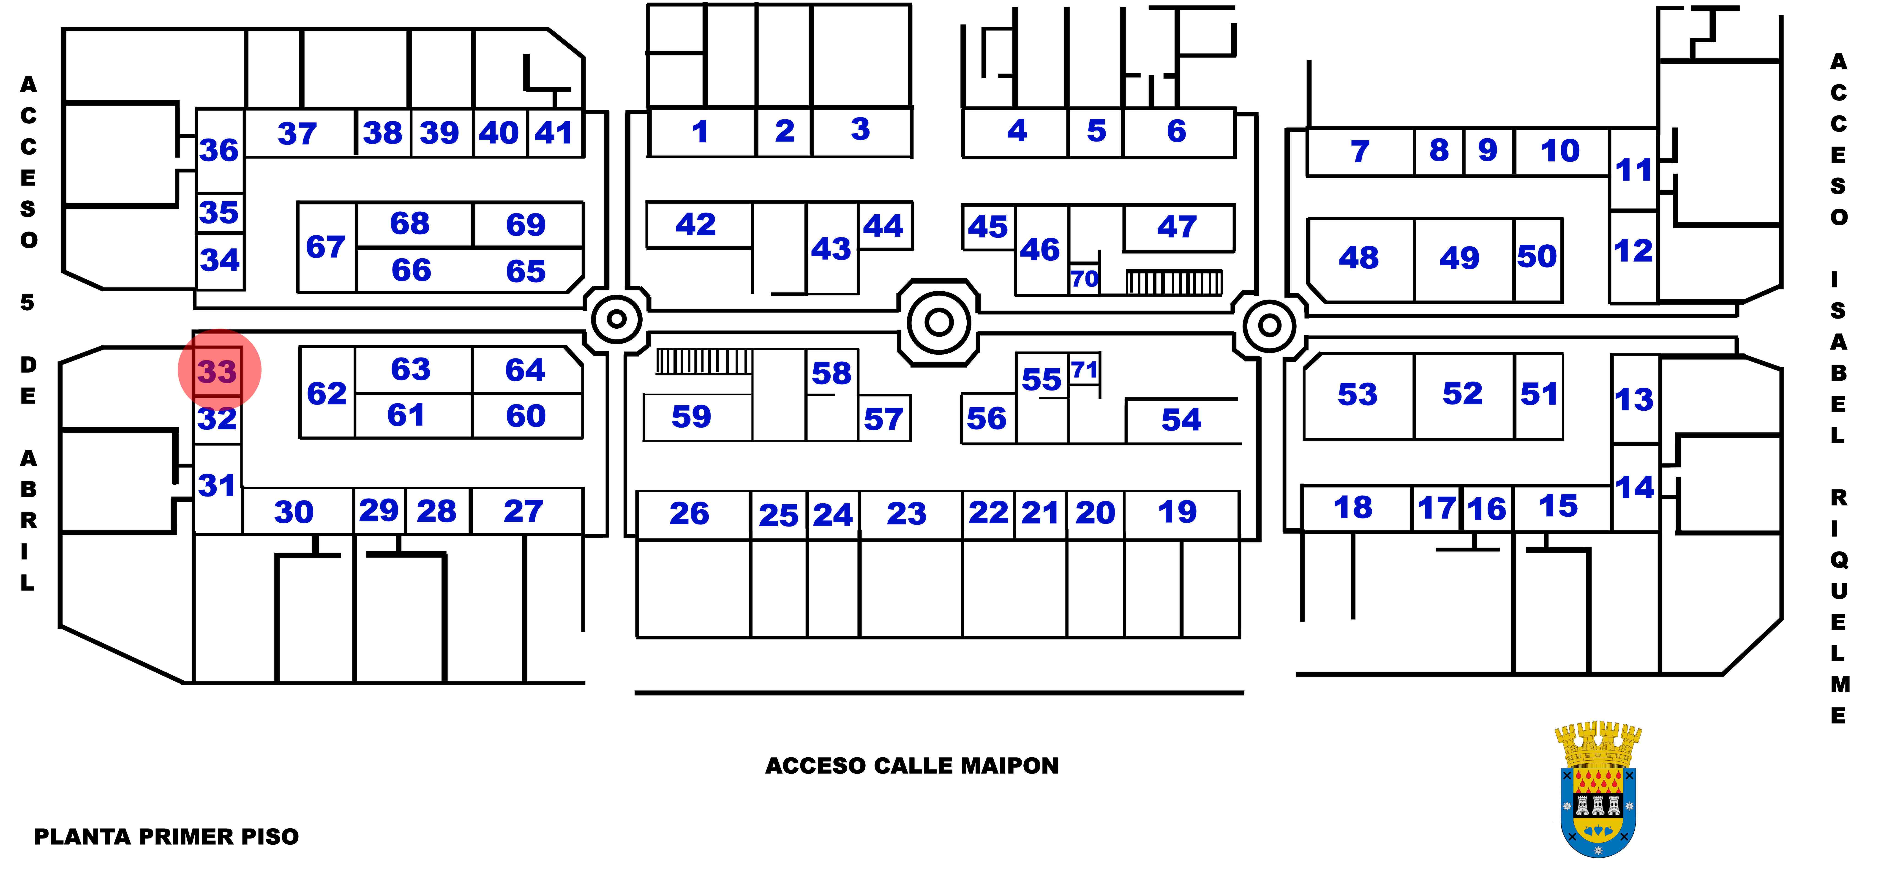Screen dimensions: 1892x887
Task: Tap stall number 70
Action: [x=1084, y=279]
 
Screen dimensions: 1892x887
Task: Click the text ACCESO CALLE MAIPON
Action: [x=911, y=766]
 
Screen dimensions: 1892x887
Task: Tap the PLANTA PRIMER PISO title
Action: [x=167, y=836]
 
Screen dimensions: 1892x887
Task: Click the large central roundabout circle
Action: [x=939, y=322]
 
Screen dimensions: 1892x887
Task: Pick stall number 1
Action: [x=700, y=132]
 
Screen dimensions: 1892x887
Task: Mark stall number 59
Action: [x=691, y=416]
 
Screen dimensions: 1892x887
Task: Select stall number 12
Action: [x=1633, y=251]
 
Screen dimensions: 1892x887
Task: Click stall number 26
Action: [x=689, y=513]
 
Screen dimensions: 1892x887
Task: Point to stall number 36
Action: [x=219, y=150]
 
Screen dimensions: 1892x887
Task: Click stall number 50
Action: [x=1537, y=256]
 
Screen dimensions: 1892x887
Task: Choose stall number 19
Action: [x=1177, y=512]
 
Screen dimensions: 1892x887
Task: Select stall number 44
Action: [x=883, y=225]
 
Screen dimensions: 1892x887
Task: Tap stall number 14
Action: [x=1635, y=488]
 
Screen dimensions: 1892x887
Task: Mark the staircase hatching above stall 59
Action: [x=704, y=361]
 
